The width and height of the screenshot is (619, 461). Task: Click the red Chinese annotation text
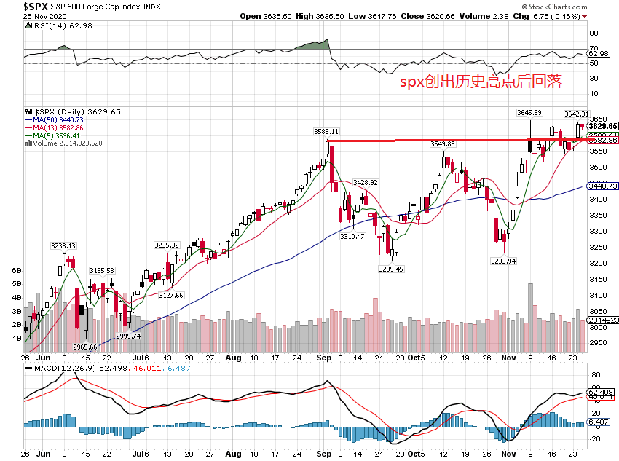point(481,82)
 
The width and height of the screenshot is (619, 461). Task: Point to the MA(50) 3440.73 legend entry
point(58,119)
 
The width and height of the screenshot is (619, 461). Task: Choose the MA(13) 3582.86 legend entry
point(58,127)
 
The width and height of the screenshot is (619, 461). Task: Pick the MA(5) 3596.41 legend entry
point(55,135)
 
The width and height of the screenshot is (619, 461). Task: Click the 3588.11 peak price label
point(327,132)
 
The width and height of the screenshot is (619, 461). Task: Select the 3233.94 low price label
point(504,260)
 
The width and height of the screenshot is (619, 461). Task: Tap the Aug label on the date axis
point(232,358)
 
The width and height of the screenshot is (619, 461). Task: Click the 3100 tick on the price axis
point(597,296)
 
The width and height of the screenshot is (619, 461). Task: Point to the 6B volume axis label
point(16,269)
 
